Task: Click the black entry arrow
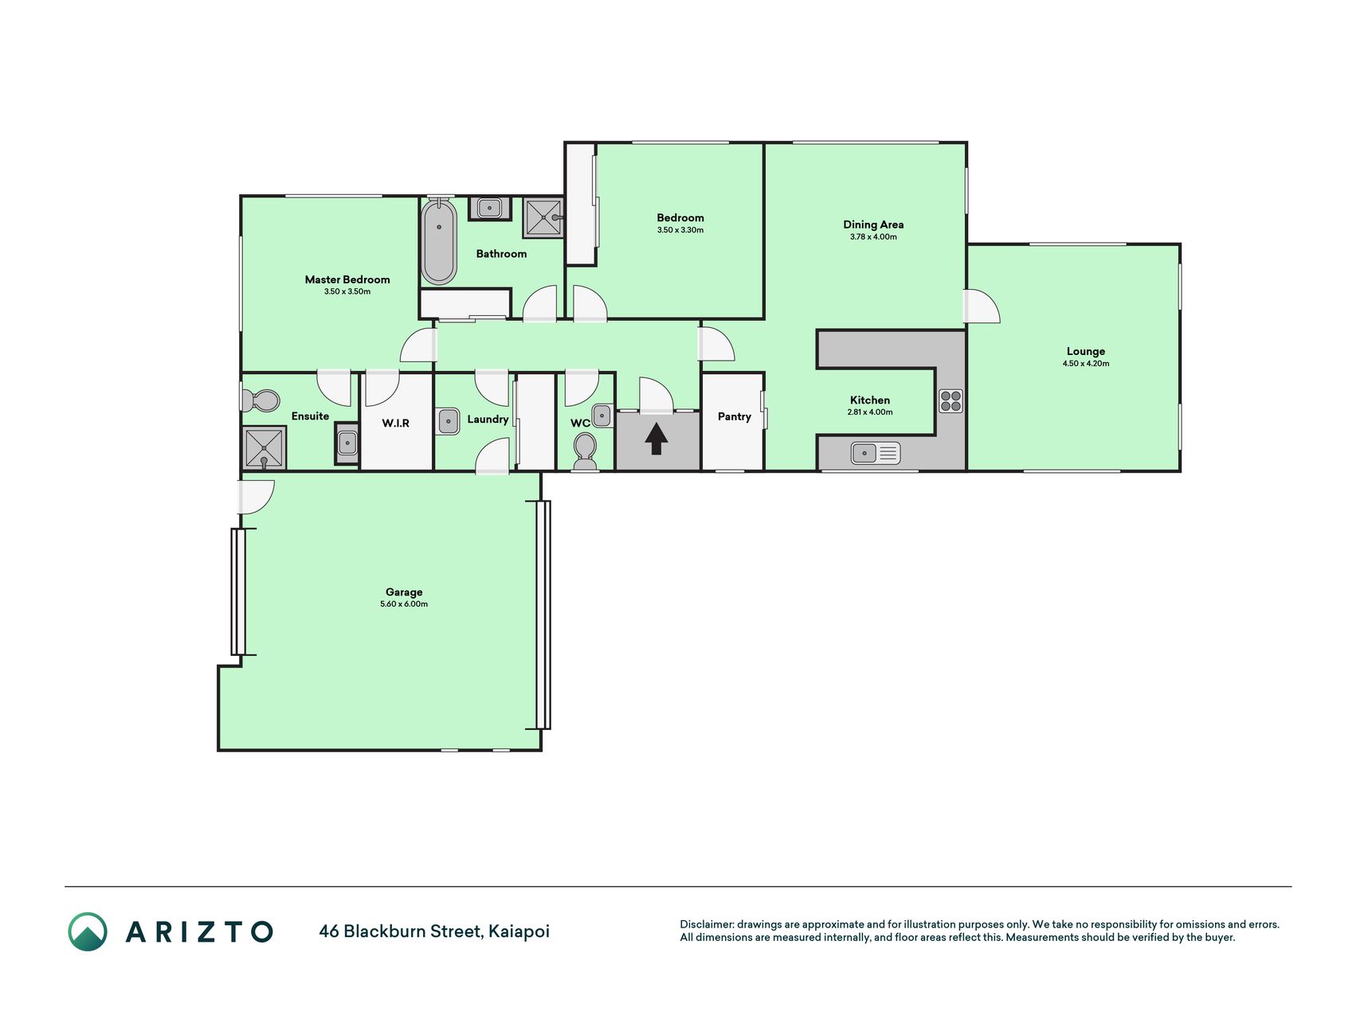(x=656, y=439)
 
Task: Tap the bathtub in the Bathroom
(x=439, y=242)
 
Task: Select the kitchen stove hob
(x=950, y=400)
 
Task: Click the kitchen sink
(x=876, y=453)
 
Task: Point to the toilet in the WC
(x=586, y=450)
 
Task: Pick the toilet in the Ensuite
(x=261, y=400)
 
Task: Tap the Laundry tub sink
(x=448, y=421)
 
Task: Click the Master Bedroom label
(x=347, y=279)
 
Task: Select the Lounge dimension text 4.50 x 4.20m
(x=1086, y=364)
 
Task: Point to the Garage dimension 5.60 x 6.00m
(x=404, y=604)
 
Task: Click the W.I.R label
(x=396, y=423)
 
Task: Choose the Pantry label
(x=735, y=416)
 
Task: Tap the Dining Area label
(x=873, y=224)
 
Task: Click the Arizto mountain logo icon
(x=88, y=931)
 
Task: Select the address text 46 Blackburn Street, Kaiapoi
(x=434, y=931)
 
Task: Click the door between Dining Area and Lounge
(x=982, y=306)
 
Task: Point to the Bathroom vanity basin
(x=488, y=209)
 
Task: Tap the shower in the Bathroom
(x=543, y=217)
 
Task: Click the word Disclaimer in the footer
(x=706, y=924)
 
